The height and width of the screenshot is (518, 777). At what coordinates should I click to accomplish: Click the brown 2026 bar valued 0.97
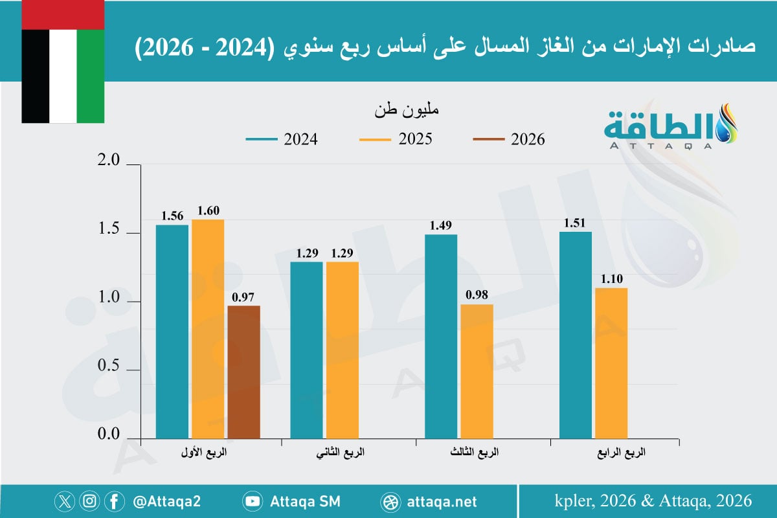[243, 372]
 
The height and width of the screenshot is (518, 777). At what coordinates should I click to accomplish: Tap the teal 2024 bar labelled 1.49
[441, 336]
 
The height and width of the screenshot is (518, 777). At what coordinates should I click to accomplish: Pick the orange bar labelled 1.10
[611, 363]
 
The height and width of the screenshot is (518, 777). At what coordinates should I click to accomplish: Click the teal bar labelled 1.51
[576, 335]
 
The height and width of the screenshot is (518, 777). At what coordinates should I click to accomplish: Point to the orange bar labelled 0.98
[477, 371]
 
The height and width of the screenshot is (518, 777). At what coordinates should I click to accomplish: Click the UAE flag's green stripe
[91, 76]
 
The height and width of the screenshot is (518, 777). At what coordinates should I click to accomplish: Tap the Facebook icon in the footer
[115, 501]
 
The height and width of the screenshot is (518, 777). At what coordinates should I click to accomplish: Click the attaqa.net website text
[442, 502]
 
